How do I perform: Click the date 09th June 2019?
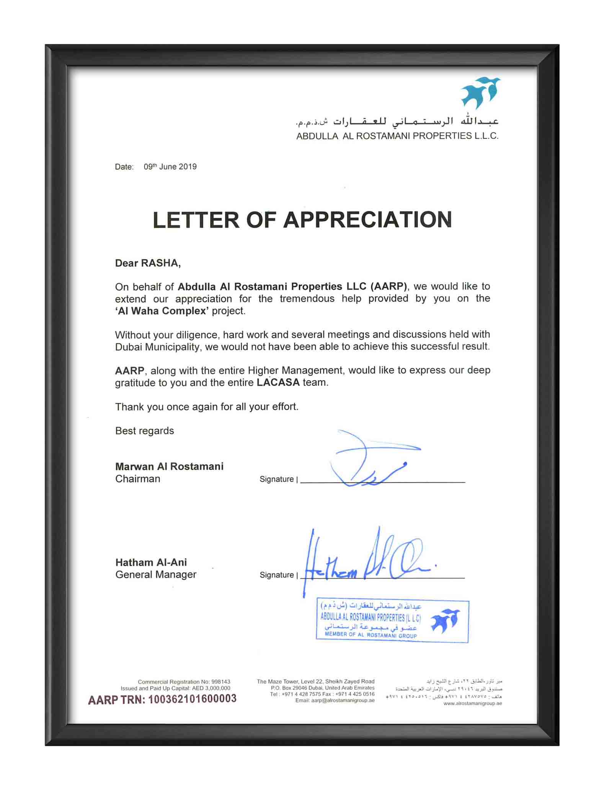point(170,167)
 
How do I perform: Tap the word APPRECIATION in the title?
point(367,220)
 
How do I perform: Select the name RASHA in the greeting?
point(160,263)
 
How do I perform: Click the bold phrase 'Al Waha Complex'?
point(162,311)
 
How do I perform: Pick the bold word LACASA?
point(278,382)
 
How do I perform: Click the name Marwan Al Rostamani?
point(169,466)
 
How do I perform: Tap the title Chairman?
point(137,479)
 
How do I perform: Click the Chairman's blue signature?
point(367,459)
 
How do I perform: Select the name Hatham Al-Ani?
point(151,562)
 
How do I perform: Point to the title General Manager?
point(156,575)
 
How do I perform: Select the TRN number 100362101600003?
point(192,699)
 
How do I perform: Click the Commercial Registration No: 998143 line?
point(184,682)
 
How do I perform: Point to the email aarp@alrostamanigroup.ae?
point(335,700)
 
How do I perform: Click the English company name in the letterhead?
point(397,136)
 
